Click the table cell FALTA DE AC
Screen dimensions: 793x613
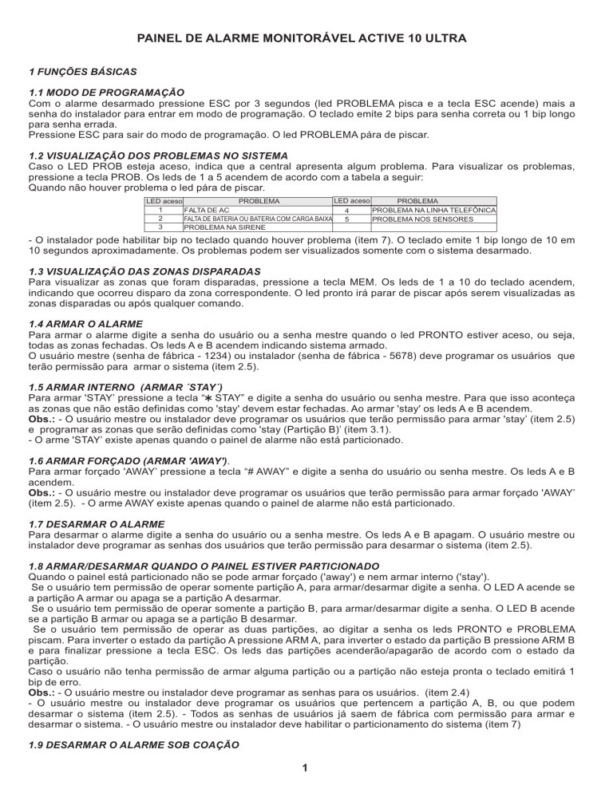click(207, 209)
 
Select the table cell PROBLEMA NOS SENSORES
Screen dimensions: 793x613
click(422, 218)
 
